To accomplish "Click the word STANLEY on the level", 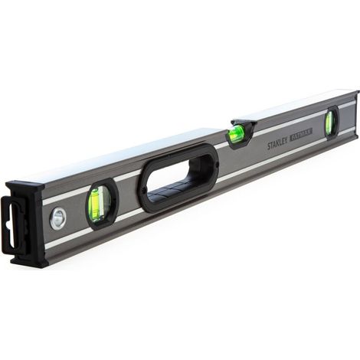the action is coord(277,145).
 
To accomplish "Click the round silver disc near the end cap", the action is coord(58,218).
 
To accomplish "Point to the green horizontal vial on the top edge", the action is coord(236,133).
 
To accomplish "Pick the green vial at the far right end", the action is coord(330,123).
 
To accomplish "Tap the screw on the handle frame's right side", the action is coord(217,165).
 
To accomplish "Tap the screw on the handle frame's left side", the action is coord(143,189).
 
